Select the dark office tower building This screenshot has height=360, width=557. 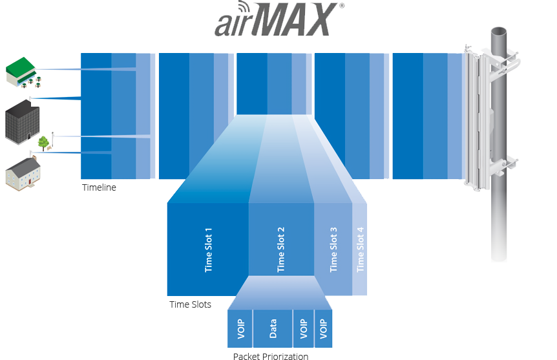[x=22, y=121]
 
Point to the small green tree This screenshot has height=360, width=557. [x=43, y=143]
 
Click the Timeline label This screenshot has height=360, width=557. [x=99, y=187]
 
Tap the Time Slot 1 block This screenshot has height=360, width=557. [x=208, y=249]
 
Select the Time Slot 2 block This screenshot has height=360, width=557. [x=281, y=249]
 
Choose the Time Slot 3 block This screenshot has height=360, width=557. [x=333, y=249]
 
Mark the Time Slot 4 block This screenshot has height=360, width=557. [x=361, y=249]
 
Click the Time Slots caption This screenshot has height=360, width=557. [x=190, y=304]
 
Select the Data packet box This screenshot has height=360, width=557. [x=273, y=329]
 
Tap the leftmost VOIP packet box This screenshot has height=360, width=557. [x=240, y=329]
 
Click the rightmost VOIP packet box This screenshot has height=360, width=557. [x=323, y=329]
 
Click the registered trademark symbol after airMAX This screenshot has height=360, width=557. [x=341, y=6]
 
